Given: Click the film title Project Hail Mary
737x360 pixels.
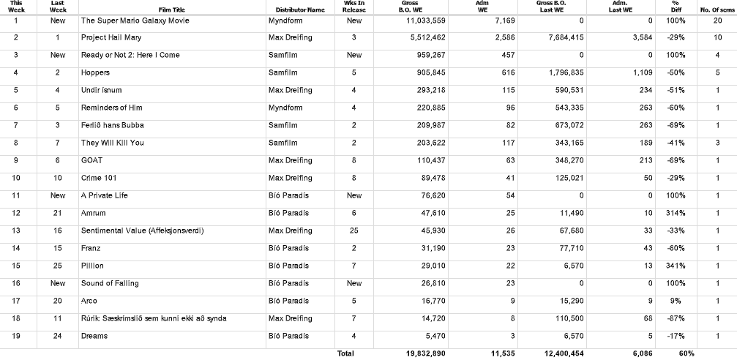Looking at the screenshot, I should (x=111, y=37).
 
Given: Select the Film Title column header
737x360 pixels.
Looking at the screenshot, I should (x=172, y=10).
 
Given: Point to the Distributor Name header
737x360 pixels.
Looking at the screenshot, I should (x=300, y=10).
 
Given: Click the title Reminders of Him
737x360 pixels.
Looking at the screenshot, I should (x=111, y=108).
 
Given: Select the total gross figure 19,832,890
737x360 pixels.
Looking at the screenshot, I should (x=424, y=353).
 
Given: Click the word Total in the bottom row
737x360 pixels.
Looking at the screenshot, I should (x=345, y=353).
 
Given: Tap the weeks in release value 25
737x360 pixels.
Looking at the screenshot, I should (x=354, y=230).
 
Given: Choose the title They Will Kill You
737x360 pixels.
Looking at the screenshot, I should (x=113, y=143).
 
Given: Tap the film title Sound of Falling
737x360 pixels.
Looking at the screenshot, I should (x=110, y=283).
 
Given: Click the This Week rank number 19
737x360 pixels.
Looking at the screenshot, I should (x=16, y=336).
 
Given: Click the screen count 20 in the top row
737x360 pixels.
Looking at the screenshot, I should (x=717, y=20).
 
